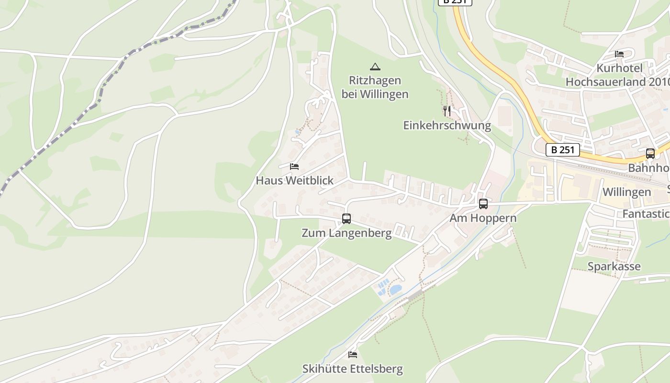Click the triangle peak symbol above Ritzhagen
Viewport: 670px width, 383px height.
coord(375,67)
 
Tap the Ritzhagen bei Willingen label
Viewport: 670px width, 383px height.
coord(375,87)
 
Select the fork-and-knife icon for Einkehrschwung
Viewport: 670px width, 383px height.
coord(447,111)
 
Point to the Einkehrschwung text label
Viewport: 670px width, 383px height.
coord(447,126)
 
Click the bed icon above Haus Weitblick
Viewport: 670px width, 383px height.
coord(294,167)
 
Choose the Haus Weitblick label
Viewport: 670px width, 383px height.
coord(294,180)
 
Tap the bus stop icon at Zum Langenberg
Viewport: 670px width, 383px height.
coord(346,219)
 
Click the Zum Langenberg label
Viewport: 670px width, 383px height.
coord(346,233)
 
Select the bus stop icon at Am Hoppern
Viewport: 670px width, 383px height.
coord(483,204)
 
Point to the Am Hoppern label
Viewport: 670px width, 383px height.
coord(483,218)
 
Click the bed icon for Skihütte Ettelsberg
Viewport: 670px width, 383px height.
coord(353,355)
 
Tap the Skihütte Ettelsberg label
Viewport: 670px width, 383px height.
coord(352,369)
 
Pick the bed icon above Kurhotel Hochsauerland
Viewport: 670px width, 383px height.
coord(619,54)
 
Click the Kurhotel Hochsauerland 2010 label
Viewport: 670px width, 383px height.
coord(617,75)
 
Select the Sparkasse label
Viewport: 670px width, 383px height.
coord(614,266)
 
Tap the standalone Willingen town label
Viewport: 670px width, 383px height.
coord(626,192)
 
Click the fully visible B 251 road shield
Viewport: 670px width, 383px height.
coord(563,150)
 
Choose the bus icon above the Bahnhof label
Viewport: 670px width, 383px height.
coord(650,154)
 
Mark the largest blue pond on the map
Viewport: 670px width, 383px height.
coord(395,290)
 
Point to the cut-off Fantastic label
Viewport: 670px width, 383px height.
coord(646,214)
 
